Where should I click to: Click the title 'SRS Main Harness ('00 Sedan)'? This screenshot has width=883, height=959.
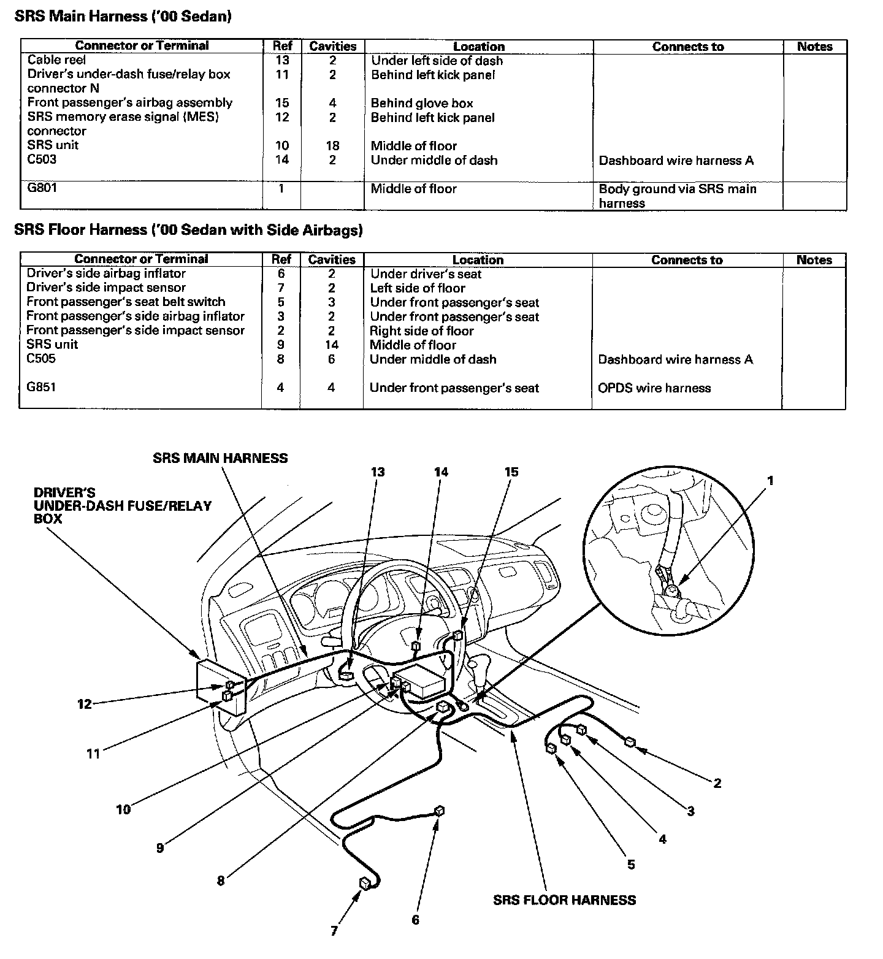coord(123,17)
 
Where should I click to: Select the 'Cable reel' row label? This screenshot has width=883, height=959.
coord(57,60)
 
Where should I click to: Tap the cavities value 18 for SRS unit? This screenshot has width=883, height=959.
coord(333,146)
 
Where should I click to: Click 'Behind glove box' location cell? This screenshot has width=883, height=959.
coord(422,103)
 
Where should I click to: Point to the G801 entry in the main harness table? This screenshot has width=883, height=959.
coord(42,188)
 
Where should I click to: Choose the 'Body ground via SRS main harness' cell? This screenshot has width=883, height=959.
coord(678,196)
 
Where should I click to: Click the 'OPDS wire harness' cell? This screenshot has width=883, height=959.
coord(654,388)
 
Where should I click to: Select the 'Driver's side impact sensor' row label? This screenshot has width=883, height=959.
coord(106,288)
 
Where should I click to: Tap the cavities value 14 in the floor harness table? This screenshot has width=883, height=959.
coord(332,345)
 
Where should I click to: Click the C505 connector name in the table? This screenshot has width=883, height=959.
coord(41,359)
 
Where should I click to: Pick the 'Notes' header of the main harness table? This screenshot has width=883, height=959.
coord(814,47)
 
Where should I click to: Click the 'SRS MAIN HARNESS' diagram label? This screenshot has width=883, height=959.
coord(220,457)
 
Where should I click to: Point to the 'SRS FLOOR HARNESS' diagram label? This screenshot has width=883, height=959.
coord(564,900)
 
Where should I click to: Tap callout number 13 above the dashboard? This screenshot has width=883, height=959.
coord(378,472)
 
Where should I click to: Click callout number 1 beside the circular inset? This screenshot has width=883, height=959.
coord(770,481)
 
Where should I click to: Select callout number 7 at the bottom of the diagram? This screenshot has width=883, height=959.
coord(334,931)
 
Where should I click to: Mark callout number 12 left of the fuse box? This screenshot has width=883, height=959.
coord(84,704)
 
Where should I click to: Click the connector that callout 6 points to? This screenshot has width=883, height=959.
coord(439,811)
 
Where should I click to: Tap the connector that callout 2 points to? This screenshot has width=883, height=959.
coord(630,743)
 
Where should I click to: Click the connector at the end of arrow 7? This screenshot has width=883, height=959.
coord(365,883)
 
